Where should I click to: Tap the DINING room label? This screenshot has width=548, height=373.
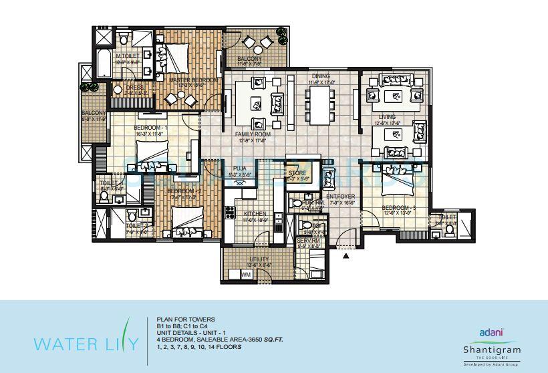pos(321,76)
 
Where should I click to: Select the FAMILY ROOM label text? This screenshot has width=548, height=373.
pos(251,134)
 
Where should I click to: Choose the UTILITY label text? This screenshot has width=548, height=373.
pos(259,259)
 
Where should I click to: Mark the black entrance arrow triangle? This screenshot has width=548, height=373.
pos(346,255)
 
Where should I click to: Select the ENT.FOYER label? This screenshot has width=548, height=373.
pos(341,196)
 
